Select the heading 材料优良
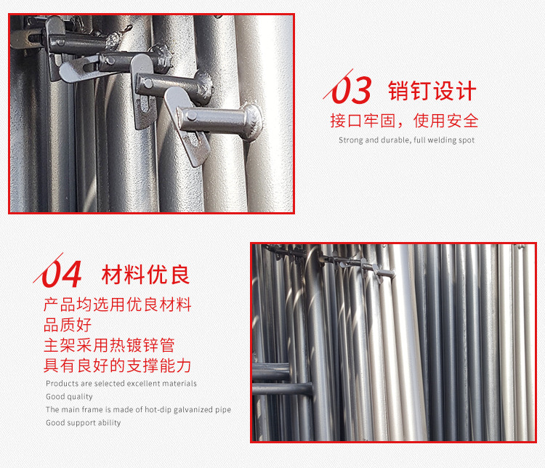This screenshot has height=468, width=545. pos(146,275)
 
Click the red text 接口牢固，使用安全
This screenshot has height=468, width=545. pos(404,121)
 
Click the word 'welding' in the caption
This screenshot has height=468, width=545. pos(440,140)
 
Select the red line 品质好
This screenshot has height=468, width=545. pos(68,325)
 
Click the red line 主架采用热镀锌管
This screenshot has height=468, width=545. pos(109,345)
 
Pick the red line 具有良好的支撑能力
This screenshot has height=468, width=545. pos(118,366)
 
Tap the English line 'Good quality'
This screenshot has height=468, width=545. pos(70,397)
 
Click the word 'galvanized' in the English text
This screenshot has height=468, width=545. pos(189,410)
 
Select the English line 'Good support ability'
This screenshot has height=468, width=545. pos(84,423)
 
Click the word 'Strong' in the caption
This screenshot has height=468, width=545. pos(350,140)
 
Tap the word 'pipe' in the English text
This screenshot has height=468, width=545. pos(223,410)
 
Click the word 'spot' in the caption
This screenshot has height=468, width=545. pos(466,140)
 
